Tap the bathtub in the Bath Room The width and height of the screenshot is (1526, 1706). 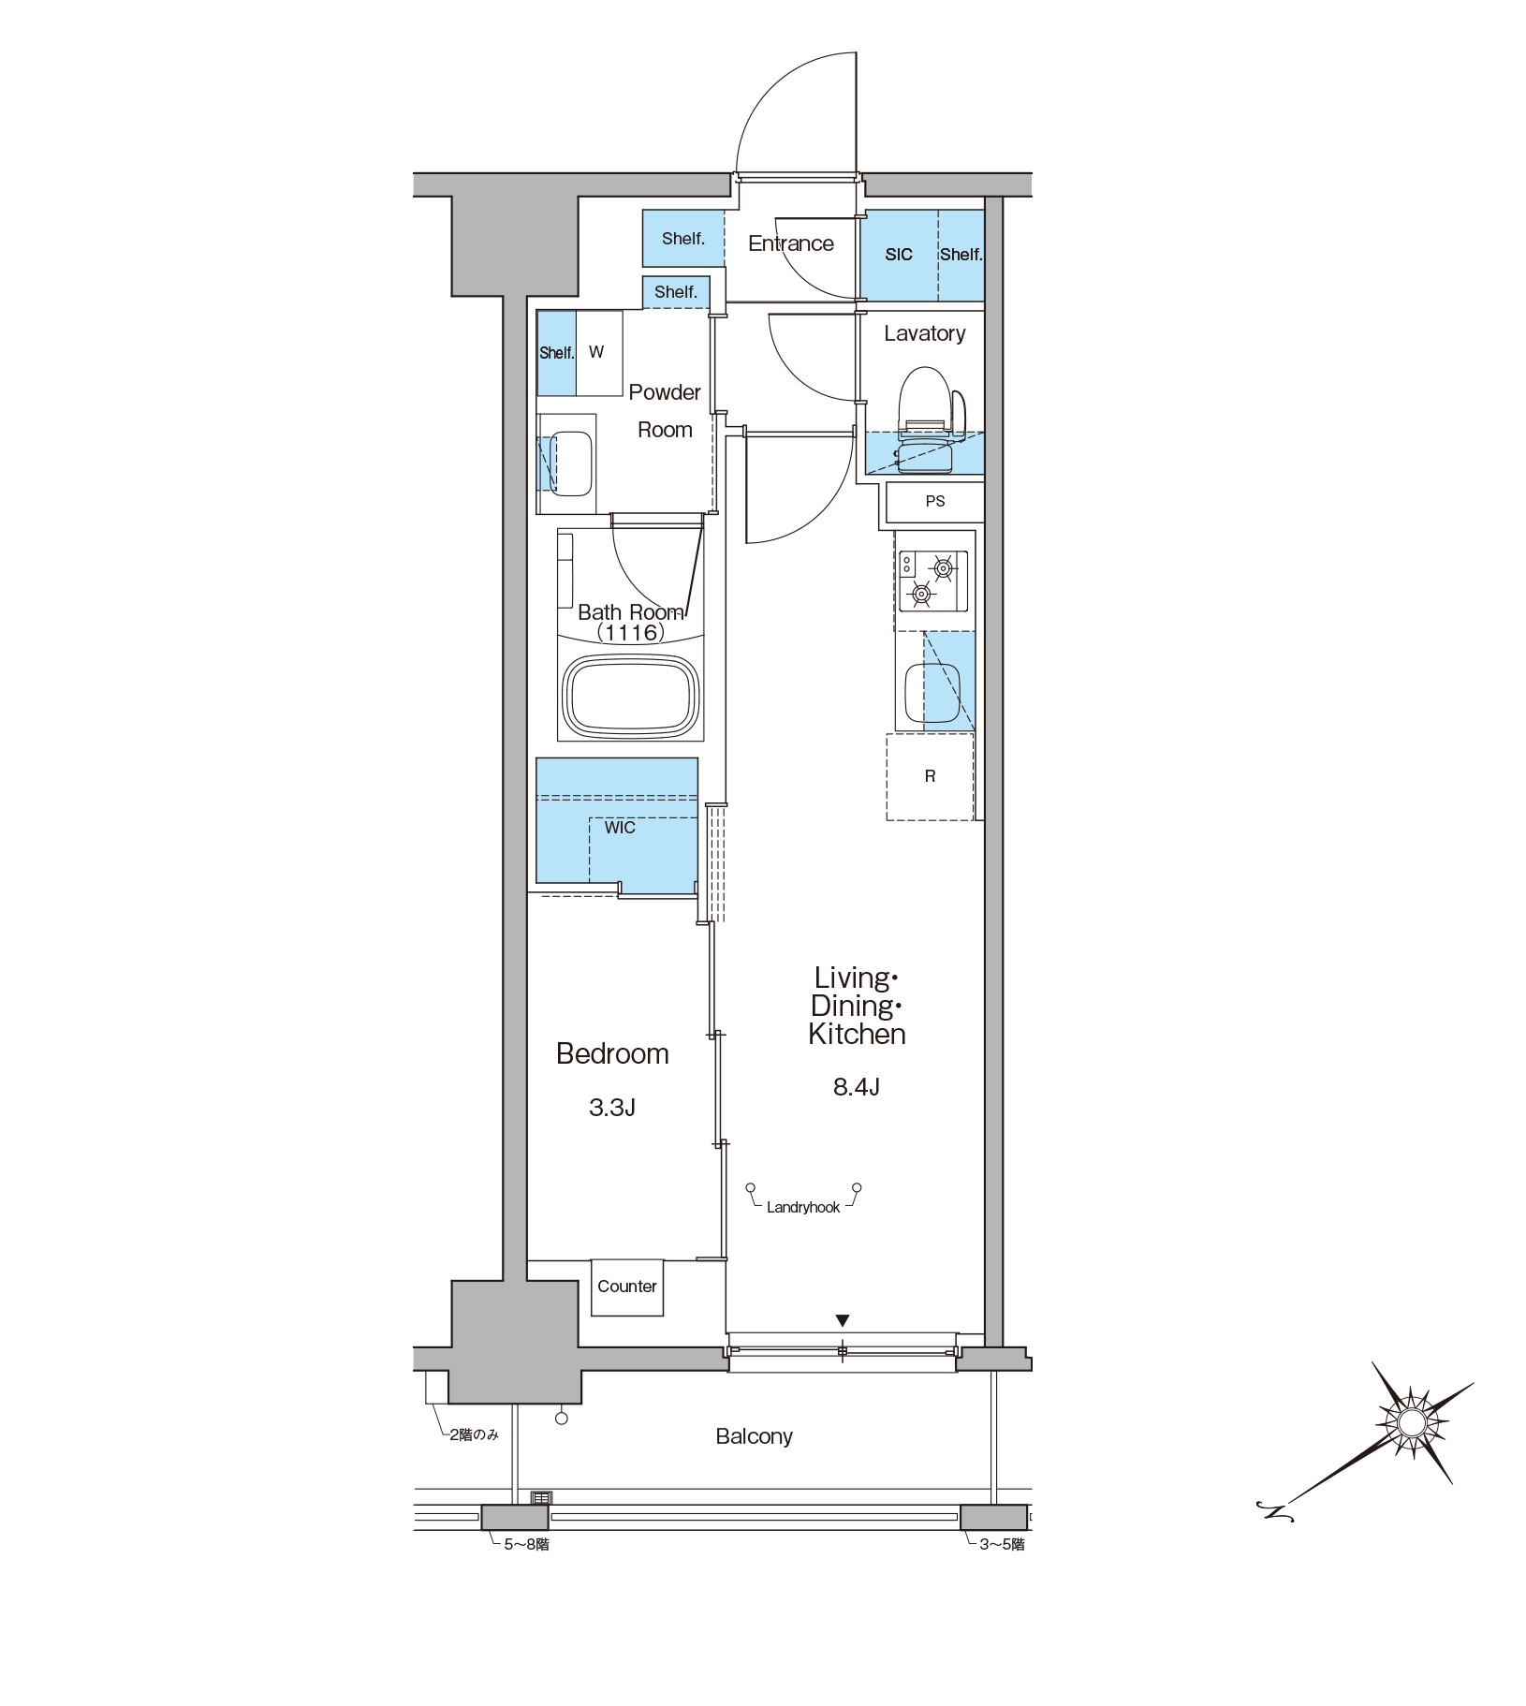(x=631, y=696)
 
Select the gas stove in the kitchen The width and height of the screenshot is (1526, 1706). (x=933, y=581)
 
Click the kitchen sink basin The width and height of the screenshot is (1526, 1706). (x=932, y=693)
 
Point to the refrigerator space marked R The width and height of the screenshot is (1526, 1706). (x=930, y=776)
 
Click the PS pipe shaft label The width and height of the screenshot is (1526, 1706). (x=935, y=501)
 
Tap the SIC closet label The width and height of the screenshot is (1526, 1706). (x=899, y=255)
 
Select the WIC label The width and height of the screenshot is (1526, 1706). (x=620, y=828)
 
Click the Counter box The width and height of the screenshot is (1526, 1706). (x=627, y=1287)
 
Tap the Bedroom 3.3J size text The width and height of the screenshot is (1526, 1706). (x=612, y=1108)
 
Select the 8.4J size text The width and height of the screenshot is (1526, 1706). (x=857, y=1087)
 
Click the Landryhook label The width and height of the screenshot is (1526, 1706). (x=803, y=1208)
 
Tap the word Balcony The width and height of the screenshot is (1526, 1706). (x=754, y=1436)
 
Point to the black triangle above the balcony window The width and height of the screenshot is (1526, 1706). (x=843, y=1320)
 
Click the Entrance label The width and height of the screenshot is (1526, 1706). (x=791, y=243)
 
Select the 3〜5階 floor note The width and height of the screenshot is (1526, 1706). (x=1002, y=1544)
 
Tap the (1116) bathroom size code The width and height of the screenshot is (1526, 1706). (x=631, y=633)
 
